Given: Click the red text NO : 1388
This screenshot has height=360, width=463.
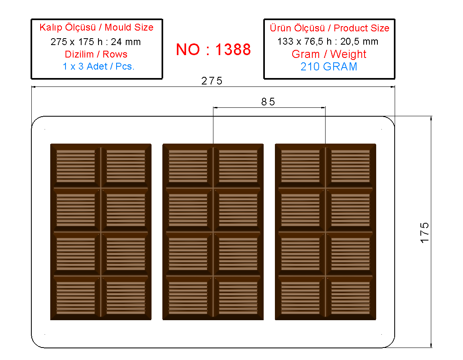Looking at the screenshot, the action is pyautogui.click(x=213, y=49).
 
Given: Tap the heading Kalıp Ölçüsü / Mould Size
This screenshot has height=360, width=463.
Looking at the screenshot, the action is pyautogui.click(x=96, y=27).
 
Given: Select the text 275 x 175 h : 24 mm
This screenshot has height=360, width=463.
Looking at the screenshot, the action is pyautogui.click(x=96, y=42).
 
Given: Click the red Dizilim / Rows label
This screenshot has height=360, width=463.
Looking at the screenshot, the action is pyautogui.click(x=96, y=54).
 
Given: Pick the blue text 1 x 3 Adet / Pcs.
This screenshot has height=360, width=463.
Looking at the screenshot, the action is pyautogui.click(x=98, y=66).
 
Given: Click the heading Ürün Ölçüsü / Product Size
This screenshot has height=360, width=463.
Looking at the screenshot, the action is pyautogui.click(x=330, y=28).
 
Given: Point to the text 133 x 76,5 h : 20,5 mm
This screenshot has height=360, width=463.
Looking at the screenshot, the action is pyautogui.click(x=328, y=41).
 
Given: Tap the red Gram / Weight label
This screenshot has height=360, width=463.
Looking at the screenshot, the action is pyautogui.click(x=329, y=54).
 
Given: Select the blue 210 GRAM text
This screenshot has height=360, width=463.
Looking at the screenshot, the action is pyautogui.click(x=329, y=66).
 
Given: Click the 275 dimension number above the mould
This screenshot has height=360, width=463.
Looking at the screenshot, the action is pyautogui.click(x=212, y=81).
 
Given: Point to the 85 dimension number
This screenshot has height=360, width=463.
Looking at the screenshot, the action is pyautogui.click(x=268, y=102).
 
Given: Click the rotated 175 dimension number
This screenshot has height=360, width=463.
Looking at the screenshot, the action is pyautogui.click(x=424, y=233).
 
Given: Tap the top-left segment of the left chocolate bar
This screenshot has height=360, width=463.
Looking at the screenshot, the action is pyautogui.click(x=76, y=166).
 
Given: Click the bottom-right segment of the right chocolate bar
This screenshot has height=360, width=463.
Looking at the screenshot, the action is pyautogui.click(x=350, y=297).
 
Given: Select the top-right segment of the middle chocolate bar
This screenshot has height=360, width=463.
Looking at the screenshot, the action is pyautogui.click(x=238, y=166).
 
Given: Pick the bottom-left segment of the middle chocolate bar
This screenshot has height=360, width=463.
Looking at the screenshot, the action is pyautogui.click(x=188, y=297).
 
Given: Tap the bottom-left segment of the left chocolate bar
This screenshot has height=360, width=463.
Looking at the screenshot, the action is pyautogui.click(x=76, y=297).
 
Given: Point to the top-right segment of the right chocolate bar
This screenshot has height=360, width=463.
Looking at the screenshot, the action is pyautogui.click(x=350, y=166).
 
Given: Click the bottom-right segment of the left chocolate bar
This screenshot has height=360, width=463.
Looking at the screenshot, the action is pyautogui.click(x=126, y=297).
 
